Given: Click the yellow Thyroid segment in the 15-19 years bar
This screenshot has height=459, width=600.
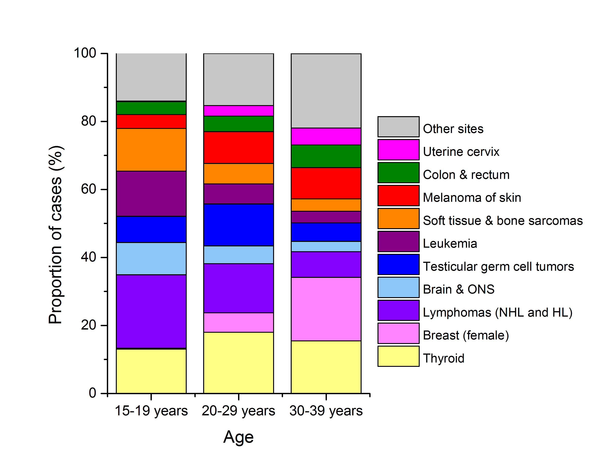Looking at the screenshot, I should click(x=151, y=371).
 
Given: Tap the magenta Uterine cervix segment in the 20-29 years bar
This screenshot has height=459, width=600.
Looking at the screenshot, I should click(x=238, y=111).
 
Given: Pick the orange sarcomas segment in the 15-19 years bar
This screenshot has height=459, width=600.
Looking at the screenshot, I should click(x=151, y=150).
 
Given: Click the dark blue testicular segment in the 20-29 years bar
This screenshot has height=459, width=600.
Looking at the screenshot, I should click(x=238, y=225).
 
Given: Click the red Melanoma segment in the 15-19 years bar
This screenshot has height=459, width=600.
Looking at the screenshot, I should click(x=151, y=122).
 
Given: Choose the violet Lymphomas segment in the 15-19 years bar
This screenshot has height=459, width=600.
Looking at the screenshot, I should click(x=151, y=311).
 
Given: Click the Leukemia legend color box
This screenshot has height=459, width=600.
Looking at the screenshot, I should click(x=398, y=241).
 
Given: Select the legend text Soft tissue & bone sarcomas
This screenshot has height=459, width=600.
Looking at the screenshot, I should click(x=502, y=221).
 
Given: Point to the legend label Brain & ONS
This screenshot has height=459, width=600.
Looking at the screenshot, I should click(x=458, y=289).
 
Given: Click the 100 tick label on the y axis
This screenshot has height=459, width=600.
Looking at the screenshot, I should click(x=85, y=53).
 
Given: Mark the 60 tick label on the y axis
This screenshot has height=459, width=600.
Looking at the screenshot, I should click(x=88, y=189).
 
